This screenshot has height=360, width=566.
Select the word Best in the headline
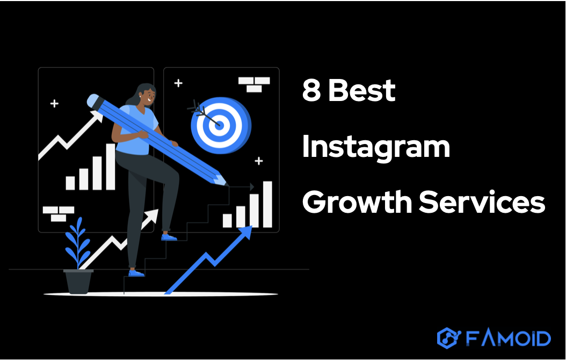coord(361,90)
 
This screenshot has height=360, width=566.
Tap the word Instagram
coord(375,147)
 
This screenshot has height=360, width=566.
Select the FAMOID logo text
coord(507,338)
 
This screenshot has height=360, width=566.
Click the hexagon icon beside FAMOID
coord(447,338)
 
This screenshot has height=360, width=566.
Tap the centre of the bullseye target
coord(218,123)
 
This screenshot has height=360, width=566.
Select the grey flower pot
coord(78,281)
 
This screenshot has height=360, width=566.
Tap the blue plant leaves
coord(78,241)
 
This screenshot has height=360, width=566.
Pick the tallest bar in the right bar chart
coord(267,204)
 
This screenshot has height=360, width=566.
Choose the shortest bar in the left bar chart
coord(70,183)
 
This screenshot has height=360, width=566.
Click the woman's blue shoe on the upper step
coord(169,237)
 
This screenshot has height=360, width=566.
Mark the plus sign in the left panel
coord(54,103)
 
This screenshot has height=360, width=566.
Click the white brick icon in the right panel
coord(254,83)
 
